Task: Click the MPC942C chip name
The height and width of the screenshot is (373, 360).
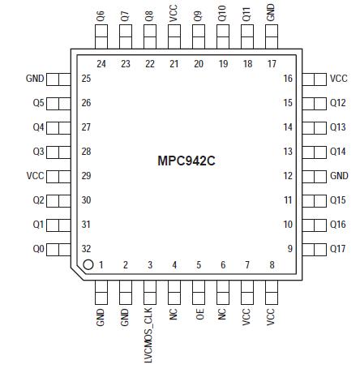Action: [186, 161]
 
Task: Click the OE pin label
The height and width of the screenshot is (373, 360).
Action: [199, 315]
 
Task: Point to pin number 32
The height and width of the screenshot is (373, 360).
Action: [87, 249]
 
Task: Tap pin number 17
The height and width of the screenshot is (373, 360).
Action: [272, 63]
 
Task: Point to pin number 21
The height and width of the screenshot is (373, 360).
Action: [174, 63]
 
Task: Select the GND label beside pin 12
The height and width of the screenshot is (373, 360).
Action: [339, 176]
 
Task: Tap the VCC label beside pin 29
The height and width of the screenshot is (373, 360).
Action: [35, 176]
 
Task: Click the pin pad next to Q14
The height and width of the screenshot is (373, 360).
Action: [315, 152]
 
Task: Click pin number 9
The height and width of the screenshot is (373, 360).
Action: [289, 249]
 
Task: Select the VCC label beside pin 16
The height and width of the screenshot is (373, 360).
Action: [339, 79]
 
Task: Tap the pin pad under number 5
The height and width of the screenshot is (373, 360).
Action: [199, 291]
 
